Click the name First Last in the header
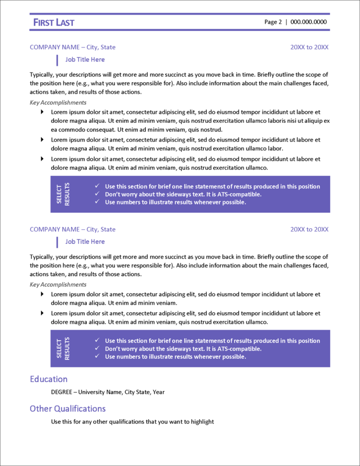pos(53,22)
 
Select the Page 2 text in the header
pos(273,22)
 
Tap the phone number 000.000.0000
pos(308,22)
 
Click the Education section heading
pos(48,379)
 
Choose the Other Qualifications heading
pos(67,408)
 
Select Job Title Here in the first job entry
pos(85,60)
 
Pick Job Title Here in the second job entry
pos(85,241)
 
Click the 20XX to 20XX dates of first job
pos(309,47)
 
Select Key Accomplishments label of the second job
pos(58,284)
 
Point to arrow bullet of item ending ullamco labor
pos(42,140)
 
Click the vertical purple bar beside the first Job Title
pos(57,60)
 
